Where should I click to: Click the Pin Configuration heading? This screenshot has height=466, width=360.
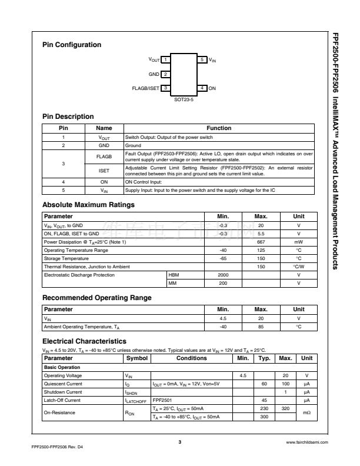72,45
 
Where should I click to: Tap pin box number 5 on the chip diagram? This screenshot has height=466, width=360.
202,60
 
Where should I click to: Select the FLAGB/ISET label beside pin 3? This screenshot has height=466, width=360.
145,88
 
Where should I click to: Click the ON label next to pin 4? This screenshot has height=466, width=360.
212,88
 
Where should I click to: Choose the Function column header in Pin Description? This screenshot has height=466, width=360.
219,127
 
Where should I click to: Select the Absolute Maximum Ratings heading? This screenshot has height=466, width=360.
89,205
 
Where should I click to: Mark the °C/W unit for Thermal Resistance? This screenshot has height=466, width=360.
299,267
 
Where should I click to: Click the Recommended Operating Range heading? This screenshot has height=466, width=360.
97,298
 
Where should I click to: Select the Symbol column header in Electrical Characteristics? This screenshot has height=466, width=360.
137,358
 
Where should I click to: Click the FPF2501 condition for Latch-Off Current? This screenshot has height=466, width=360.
162,400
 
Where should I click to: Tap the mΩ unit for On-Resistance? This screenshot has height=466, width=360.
306,413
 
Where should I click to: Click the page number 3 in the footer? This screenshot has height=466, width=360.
179,441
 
